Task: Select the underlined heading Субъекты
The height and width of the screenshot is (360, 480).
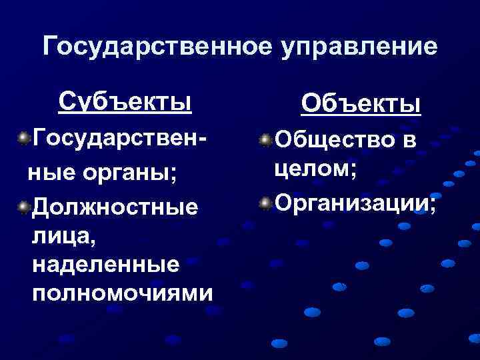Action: (125, 101)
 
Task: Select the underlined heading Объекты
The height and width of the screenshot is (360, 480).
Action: (360, 104)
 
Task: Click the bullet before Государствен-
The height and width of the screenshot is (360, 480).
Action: (24, 139)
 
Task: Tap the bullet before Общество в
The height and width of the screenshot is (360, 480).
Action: (266, 140)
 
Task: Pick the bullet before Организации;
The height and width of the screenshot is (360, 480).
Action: (266, 202)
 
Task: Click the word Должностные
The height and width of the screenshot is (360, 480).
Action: (115, 208)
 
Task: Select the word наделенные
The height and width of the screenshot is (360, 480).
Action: (105, 264)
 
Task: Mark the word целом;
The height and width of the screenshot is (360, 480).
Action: (315, 169)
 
